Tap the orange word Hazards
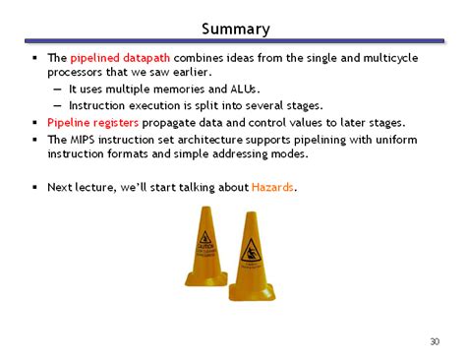[x=273, y=186]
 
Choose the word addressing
[x=260, y=154]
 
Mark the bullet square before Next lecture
[x=33, y=186]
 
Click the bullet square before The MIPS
[x=33, y=140]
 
